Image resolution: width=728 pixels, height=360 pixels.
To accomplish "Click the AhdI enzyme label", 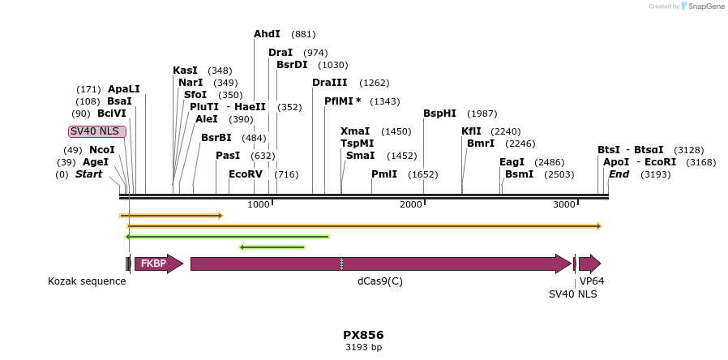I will (x=267, y=34).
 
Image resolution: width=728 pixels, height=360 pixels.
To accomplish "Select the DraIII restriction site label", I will (x=329, y=83).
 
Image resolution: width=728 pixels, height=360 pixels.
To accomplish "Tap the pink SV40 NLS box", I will (x=96, y=131).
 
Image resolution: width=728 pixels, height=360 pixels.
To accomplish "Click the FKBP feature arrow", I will (x=158, y=264).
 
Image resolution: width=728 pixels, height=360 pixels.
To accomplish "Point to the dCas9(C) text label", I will (x=380, y=281).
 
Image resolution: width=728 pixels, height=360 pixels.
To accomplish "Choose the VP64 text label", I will (x=592, y=281).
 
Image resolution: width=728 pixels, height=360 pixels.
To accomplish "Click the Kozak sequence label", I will (x=87, y=281).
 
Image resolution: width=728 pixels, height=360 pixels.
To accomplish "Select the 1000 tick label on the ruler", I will (x=259, y=204).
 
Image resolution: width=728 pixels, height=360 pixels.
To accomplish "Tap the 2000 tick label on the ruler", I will (x=411, y=204).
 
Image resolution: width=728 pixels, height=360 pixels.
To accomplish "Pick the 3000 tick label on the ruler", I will (x=564, y=204).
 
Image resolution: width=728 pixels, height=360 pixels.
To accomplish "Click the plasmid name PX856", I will (x=363, y=335).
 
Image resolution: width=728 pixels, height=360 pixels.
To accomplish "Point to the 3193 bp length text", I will (x=363, y=348).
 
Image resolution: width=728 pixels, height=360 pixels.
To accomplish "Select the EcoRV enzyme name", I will (x=246, y=174).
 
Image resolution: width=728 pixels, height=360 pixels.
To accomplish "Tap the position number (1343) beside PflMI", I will (x=384, y=101).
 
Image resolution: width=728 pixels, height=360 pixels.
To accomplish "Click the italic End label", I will (x=619, y=174).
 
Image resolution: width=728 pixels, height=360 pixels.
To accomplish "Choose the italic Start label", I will (x=90, y=174).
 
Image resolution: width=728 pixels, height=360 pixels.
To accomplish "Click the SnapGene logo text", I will (x=704, y=6).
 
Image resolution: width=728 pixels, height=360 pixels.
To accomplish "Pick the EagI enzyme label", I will (x=512, y=162).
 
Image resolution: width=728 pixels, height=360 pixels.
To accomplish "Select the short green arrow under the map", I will (x=272, y=246).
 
